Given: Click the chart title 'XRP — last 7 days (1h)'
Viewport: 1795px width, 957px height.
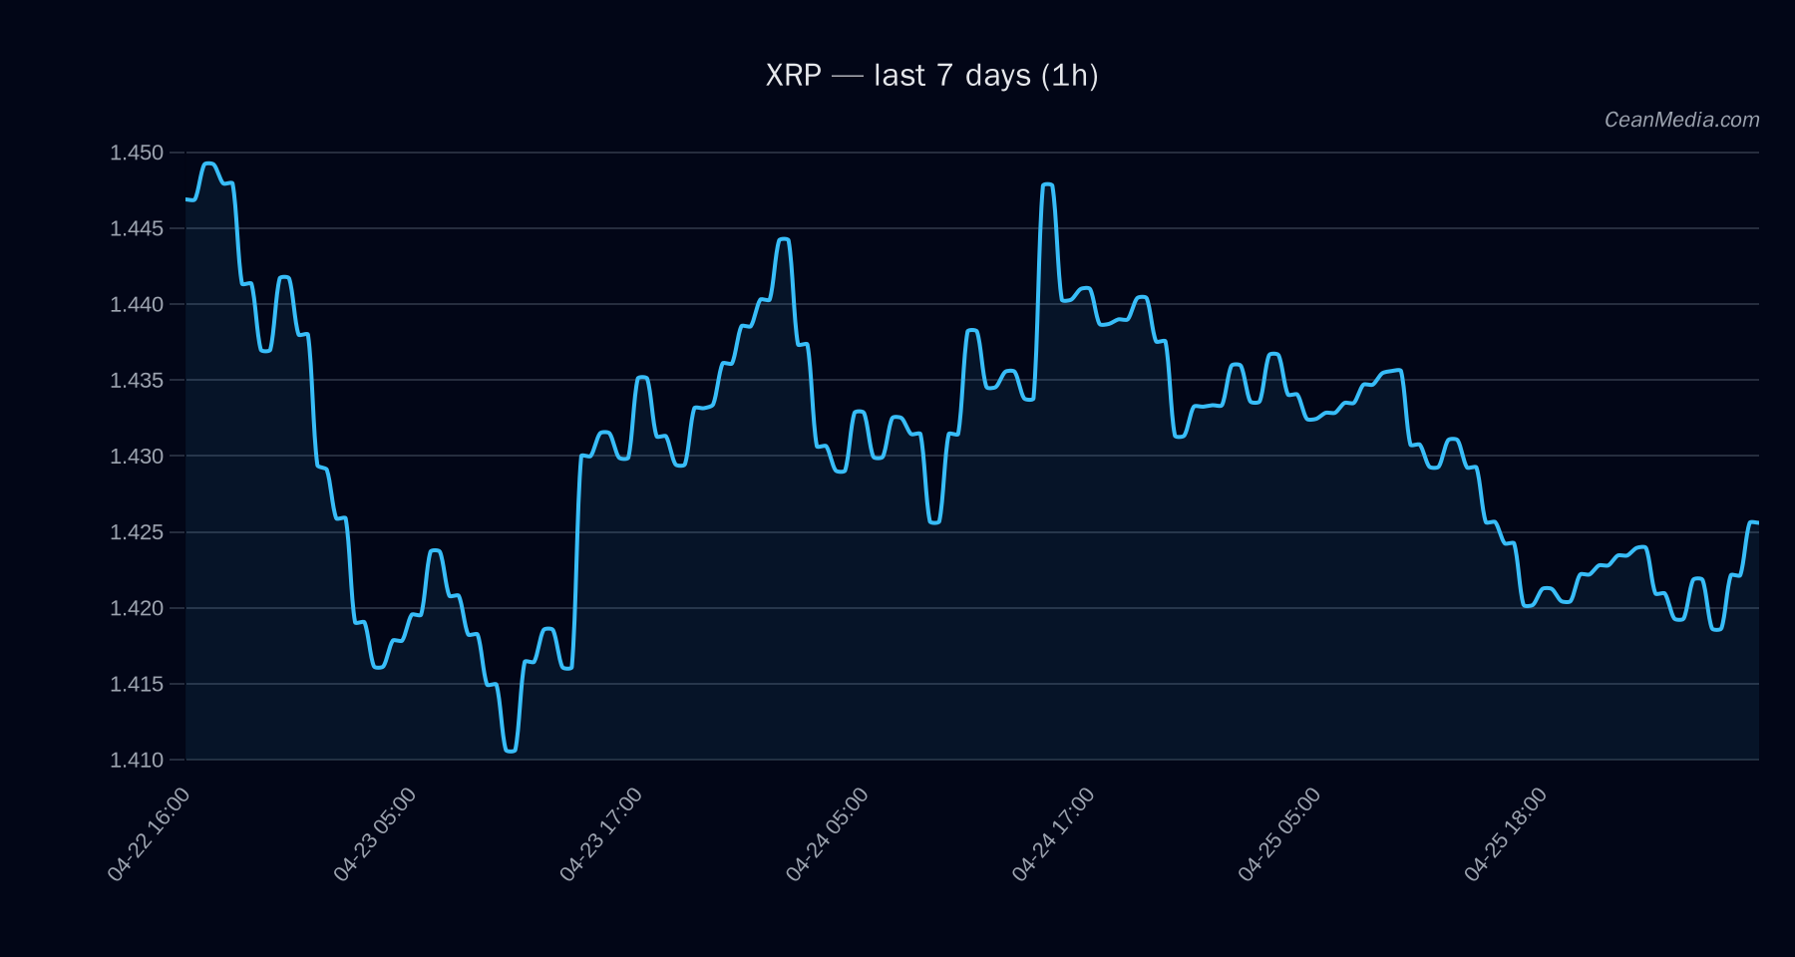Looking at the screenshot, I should (x=931, y=76).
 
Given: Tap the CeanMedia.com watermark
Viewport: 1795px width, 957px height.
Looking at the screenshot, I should (x=1681, y=120).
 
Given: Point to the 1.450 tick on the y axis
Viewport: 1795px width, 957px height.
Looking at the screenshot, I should (x=137, y=153).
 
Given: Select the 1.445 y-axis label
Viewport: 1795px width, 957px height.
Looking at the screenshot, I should (x=137, y=228).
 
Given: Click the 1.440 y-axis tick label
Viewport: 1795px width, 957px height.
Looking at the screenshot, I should (x=137, y=304).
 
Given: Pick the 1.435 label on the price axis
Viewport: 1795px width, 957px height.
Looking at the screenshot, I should (x=137, y=380).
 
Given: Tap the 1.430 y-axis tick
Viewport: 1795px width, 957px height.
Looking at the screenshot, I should (x=137, y=457).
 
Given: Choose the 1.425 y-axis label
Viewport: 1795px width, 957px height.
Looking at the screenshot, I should (x=137, y=532).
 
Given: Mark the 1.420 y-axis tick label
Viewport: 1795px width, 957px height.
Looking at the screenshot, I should (x=137, y=608).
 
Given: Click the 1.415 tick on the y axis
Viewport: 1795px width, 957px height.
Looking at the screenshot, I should (x=137, y=684).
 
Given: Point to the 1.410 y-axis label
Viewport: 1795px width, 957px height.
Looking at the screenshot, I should (x=137, y=760).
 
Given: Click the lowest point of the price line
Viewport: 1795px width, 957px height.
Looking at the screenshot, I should (x=511, y=751).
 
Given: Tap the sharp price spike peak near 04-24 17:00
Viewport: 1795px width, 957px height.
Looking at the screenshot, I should (x=1047, y=184).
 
